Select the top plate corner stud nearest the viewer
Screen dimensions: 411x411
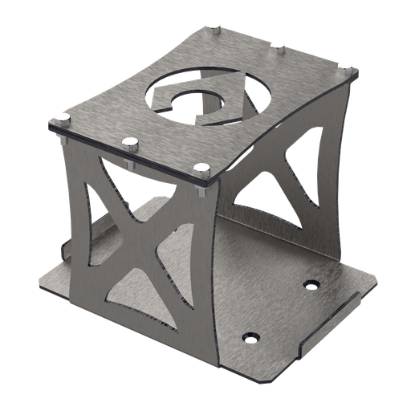(x=201, y=169)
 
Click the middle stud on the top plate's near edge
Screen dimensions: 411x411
(x=129, y=143)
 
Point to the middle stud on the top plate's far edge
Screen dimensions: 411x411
(x=277, y=45)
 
